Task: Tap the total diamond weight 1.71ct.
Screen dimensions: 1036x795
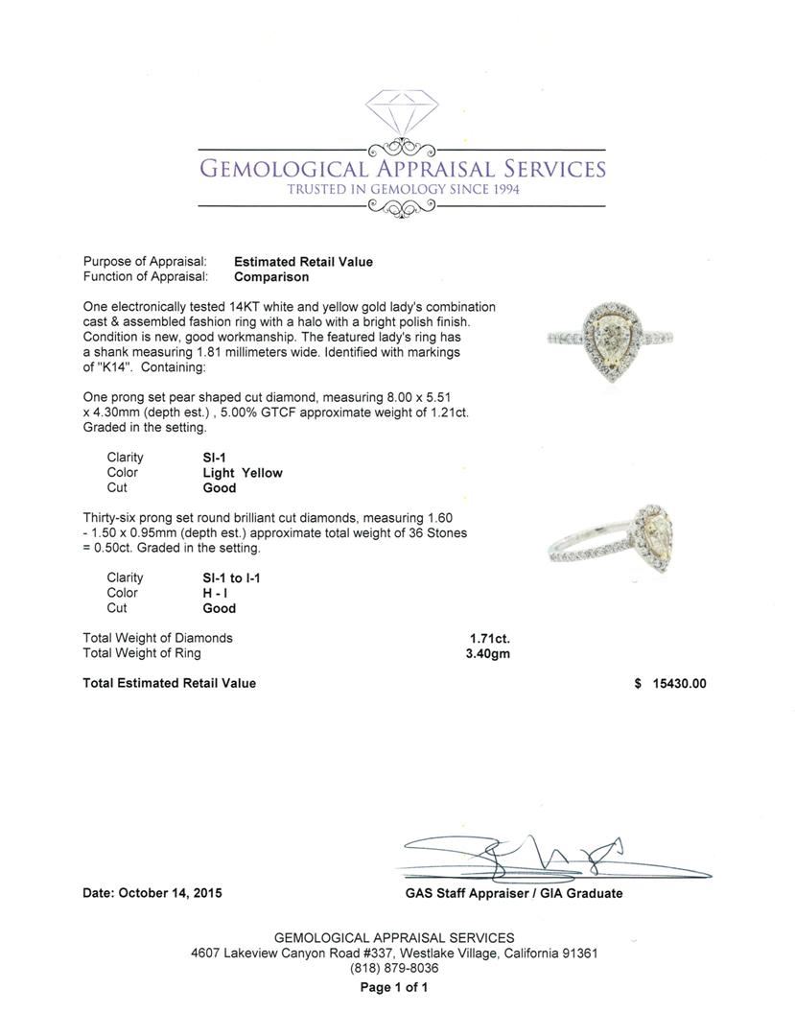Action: click(489, 638)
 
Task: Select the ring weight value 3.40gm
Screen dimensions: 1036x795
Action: click(489, 653)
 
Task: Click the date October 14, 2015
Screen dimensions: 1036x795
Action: click(152, 893)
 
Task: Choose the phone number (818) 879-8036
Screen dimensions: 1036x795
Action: click(394, 969)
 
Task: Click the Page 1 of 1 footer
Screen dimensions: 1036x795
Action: click(394, 988)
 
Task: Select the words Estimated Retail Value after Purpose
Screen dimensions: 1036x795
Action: click(303, 262)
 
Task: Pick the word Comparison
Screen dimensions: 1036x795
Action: click(271, 277)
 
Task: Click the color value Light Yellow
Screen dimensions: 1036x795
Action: click(243, 473)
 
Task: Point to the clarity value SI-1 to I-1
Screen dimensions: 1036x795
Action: click(232, 578)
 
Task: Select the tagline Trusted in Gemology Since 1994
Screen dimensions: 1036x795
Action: click(403, 190)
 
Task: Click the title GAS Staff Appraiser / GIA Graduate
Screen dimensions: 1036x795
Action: click(514, 894)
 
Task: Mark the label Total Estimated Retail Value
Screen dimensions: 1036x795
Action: click(170, 684)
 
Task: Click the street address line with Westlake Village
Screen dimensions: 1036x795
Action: click(394, 954)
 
